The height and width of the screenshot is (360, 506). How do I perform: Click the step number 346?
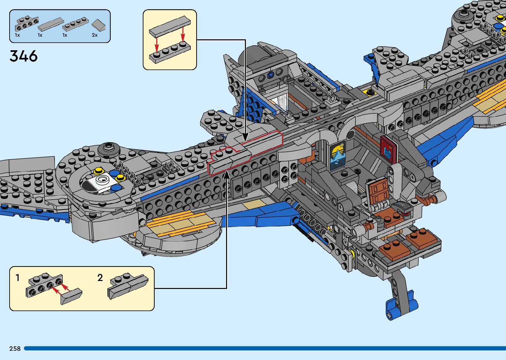pyautogui.click(x=24, y=56)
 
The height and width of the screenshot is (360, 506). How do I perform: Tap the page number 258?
pyautogui.click(x=15, y=348)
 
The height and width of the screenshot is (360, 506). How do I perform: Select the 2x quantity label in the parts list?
pyautogui.click(x=95, y=35)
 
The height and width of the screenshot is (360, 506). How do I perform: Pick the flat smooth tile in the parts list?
pyautogui.click(x=50, y=24)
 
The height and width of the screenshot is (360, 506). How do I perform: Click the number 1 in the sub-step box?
pyautogui.click(x=18, y=278)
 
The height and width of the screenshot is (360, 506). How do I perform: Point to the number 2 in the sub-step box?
pyautogui.click(x=100, y=278)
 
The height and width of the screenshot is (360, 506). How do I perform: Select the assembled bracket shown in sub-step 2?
pyautogui.click(x=128, y=286)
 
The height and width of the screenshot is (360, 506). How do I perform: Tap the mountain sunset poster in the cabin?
pyautogui.click(x=338, y=155)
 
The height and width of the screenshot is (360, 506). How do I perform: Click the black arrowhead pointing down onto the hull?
pyautogui.click(x=245, y=137)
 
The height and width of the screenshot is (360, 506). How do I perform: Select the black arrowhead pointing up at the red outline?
pyautogui.click(x=227, y=175)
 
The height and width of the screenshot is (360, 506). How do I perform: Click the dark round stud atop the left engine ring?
pyautogui.click(x=108, y=148)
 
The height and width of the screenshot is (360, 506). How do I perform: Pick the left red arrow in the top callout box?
pyautogui.click(x=157, y=42)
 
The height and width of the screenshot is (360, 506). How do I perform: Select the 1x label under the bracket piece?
pyautogui.click(x=18, y=35)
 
